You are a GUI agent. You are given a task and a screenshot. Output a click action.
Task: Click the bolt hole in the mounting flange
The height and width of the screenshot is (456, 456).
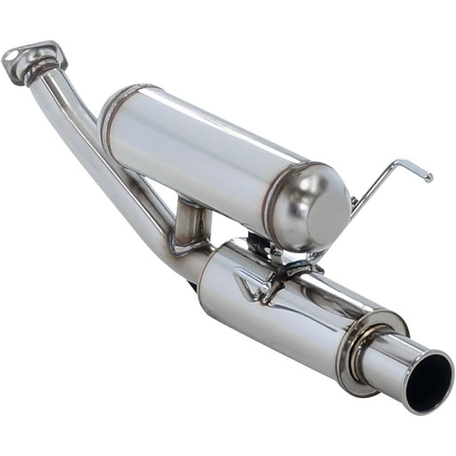[x=13, y=56]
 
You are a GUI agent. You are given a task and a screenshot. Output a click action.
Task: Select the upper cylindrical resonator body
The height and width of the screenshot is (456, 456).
[x=205, y=154]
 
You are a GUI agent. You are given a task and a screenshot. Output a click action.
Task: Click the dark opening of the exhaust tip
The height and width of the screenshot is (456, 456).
[x=429, y=383]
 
